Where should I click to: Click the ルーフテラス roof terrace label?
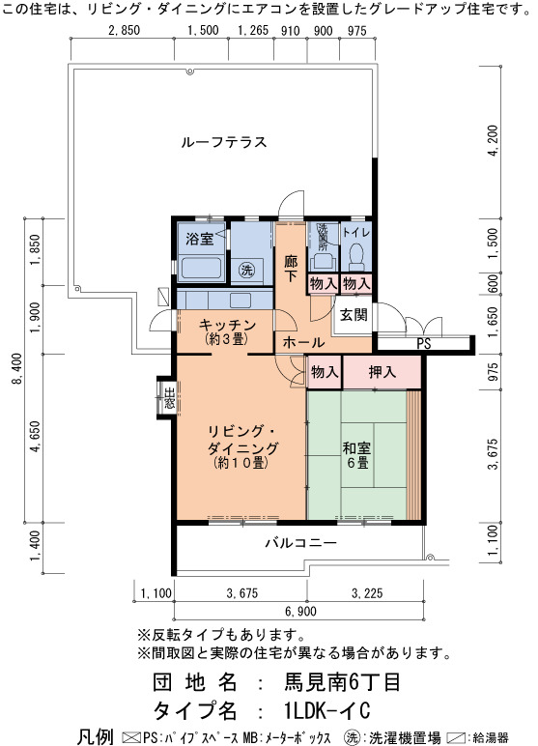223,142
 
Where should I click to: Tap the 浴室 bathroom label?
200,239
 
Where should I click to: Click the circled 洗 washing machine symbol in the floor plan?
246,271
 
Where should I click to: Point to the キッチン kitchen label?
227,325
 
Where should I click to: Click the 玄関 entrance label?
354,314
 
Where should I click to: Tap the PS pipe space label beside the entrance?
423,343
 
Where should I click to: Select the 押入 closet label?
382,372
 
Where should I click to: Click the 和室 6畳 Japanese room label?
356,455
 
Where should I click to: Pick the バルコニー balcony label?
301,542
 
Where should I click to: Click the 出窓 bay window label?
169,399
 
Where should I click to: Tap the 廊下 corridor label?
291,269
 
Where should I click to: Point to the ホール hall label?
303,342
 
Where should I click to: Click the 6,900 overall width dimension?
300,611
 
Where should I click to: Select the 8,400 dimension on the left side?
17,369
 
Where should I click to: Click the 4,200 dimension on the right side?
494,140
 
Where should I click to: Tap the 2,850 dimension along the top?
125,31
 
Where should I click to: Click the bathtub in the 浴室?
201,269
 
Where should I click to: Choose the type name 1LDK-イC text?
326,711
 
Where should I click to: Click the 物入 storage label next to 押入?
325,372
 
